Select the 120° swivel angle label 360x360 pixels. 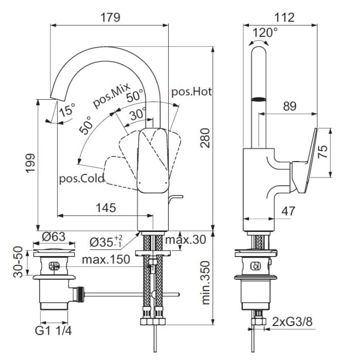point(266,32)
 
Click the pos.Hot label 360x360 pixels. point(191,92)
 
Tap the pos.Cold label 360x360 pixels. point(82,178)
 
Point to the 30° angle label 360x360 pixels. point(137,114)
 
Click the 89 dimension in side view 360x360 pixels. point(290,106)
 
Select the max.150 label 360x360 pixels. point(105,259)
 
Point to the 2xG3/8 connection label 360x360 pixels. point(293,322)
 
